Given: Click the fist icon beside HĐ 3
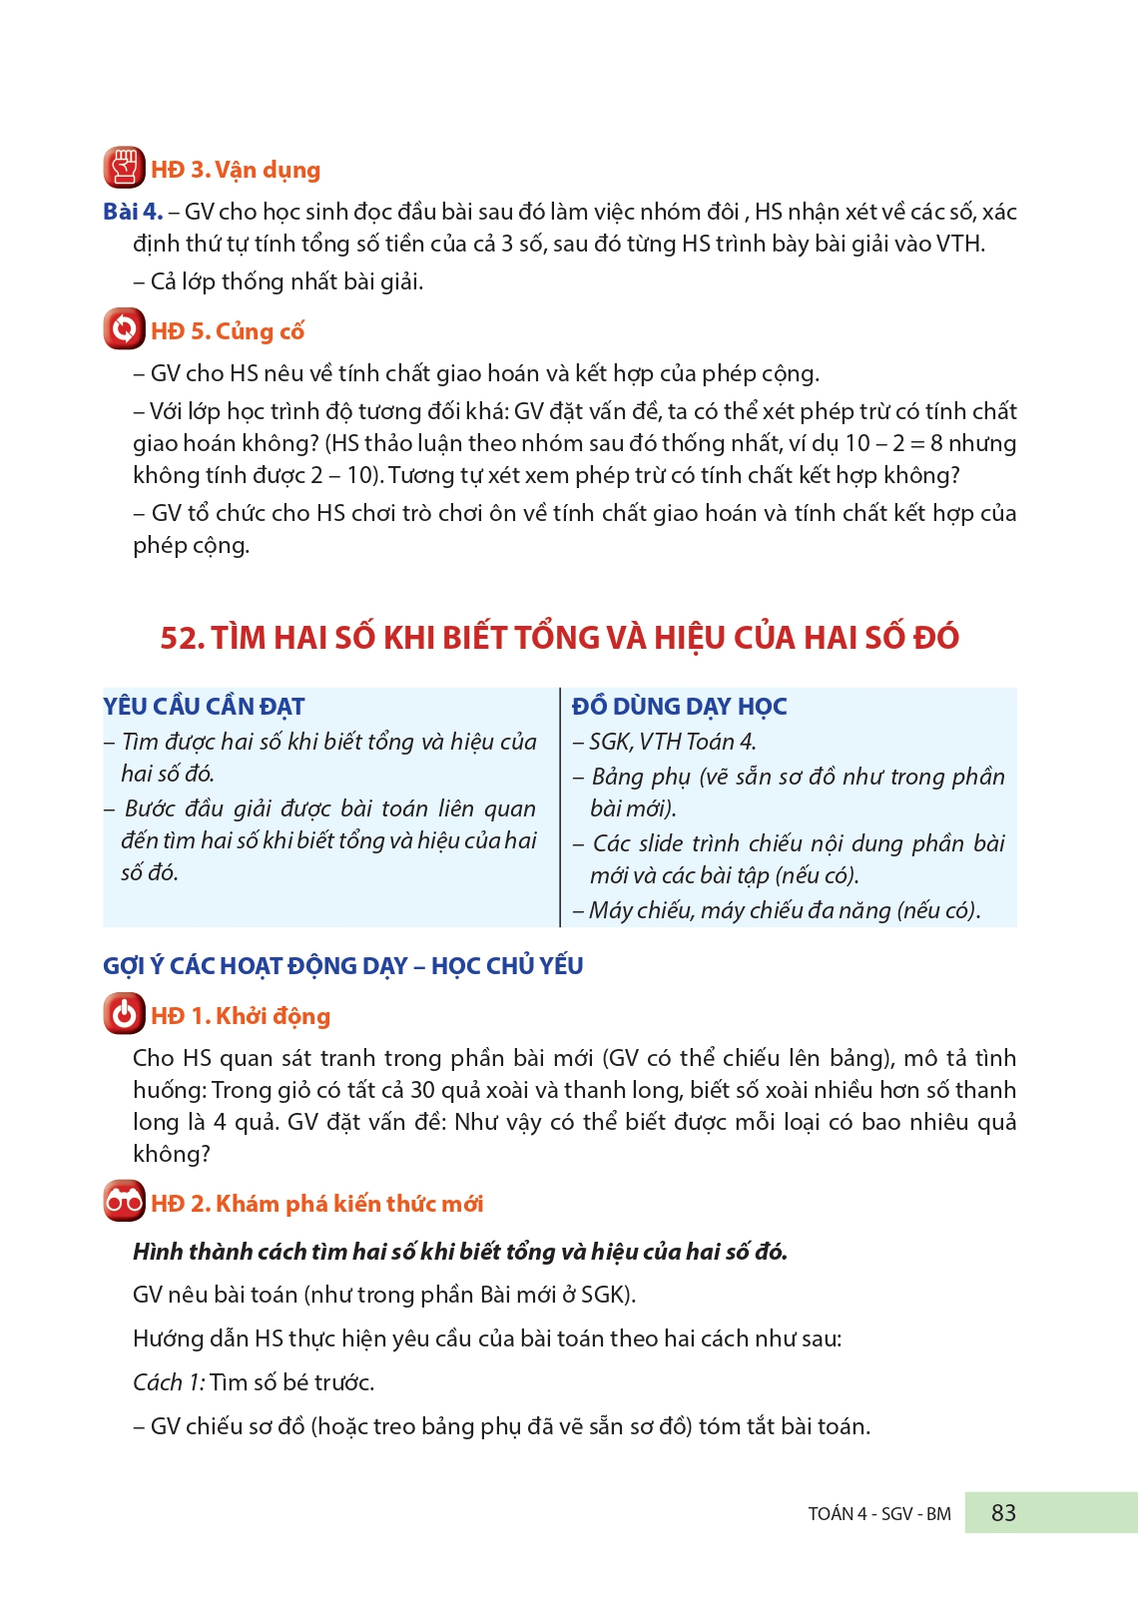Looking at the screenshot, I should click(x=124, y=168).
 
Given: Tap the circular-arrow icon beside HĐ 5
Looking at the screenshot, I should click(x=124, y=329).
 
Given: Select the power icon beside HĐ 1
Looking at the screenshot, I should click(x=124, y=1014).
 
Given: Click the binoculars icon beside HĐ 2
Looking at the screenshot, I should click(x=124, y=1202).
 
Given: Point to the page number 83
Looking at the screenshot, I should click(x=1003, y=1513).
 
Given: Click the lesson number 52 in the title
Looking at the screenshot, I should click(x=181, y=638).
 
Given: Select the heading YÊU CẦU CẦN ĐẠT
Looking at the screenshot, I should click(x=204, y=707).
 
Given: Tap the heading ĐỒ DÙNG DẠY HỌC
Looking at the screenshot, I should click(x=679, y=707).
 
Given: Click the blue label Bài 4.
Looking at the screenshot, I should click(x=132, y=212).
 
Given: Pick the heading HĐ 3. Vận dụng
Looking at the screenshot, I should click(x=236, y=170).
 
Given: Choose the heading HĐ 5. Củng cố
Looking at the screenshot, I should click(x=228, y=331).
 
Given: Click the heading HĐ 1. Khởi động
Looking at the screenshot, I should click(x=241, y=1016).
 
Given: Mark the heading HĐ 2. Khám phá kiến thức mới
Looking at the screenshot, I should click(x=317, y=1204).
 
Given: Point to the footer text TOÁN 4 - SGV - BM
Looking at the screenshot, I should click(x=879, y=1514).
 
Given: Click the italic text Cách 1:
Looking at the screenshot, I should click(x=169, y=1382).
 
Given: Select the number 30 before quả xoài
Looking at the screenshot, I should click(x=422, y=1090).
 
